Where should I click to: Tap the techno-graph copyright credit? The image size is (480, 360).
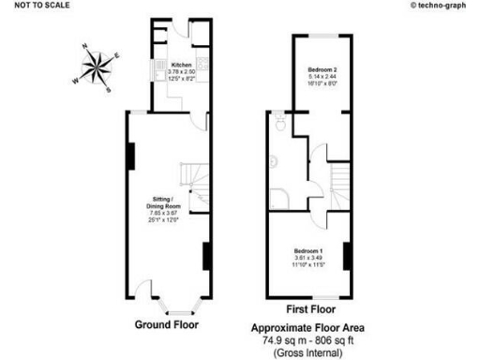pyautogui.click(x=442, y=6)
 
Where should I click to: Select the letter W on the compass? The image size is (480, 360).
pyautogui.click(x=74, y=80)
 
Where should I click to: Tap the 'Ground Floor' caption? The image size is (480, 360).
pyautogui.click(x=166, y=326)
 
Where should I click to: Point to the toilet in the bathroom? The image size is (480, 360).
pyautogui.click(x=280, y=121)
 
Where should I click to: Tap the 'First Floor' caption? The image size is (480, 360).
pyautogui.click(x=310, y=308)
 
